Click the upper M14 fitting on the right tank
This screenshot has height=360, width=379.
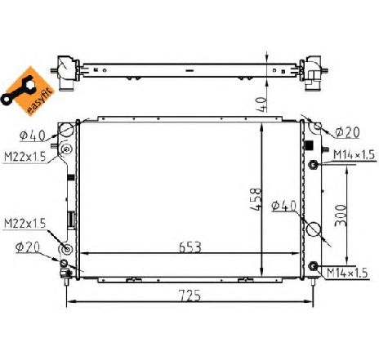point(313,166)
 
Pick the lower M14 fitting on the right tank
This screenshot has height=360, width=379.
point(313,264)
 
